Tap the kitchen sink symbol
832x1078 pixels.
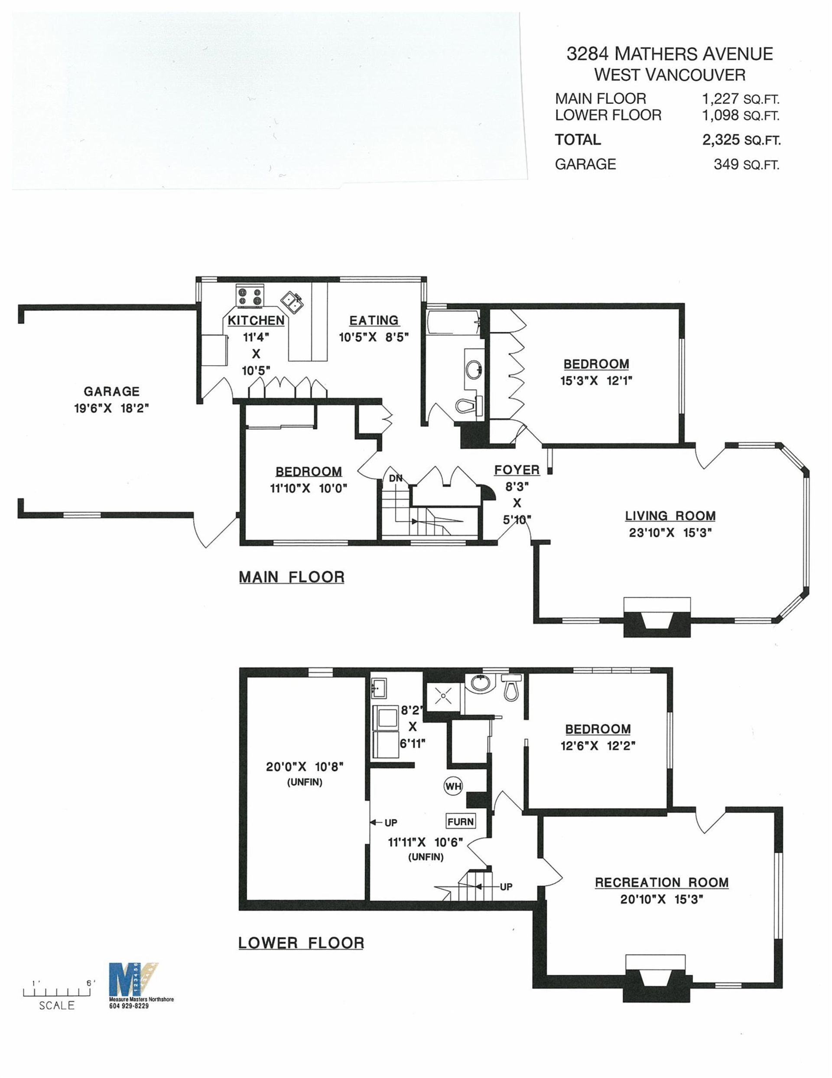pos(292,301)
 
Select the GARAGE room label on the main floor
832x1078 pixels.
pos(111,391)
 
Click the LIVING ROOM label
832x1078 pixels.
pos(670,516)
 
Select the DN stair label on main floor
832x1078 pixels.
pos(396,478)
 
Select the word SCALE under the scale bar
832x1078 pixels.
pos(57,1006)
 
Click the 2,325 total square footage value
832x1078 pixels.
pos(721,140)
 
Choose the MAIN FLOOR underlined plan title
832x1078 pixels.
pos(292,577)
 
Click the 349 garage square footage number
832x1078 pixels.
pos(726,164)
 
